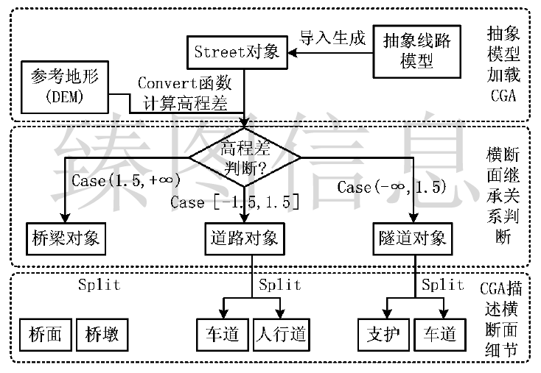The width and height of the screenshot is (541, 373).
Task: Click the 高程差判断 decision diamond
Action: click(245, 156)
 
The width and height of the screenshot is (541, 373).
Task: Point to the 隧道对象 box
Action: click(416, 237)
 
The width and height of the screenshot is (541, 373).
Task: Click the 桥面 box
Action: click(46, 335)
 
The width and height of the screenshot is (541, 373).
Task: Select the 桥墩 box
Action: click(102, 335)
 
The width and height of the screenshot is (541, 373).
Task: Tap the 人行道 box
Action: click(282, 335)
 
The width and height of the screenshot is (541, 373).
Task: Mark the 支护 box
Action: click(383, 335)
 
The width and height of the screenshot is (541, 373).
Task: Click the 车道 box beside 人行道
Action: click(222, 335)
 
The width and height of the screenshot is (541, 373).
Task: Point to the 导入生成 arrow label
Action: click(332, 38)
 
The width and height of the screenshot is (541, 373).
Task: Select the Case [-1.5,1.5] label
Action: click(234, 201)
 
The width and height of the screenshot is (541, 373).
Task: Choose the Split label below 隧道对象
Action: click(442, 285)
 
